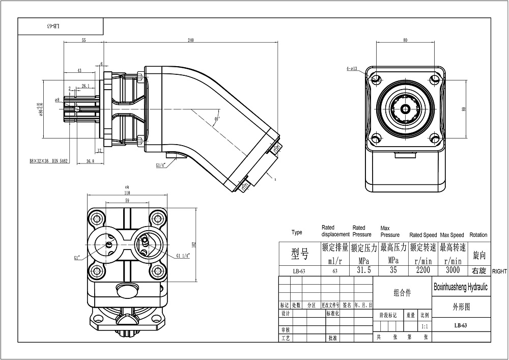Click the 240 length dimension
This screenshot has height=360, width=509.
pos(191,40)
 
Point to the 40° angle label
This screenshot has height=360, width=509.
pos(217,119)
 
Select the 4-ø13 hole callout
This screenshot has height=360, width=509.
pos(352,68)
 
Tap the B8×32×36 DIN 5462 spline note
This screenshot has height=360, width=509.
pos(49,161)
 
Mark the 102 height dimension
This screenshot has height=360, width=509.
pos(193,244)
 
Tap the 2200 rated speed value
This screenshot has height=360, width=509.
pos(423,270)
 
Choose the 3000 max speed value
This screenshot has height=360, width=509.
pos(452,270)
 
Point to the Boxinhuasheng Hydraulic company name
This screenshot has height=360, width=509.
pos(460,287)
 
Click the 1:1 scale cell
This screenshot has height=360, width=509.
pos(425,325)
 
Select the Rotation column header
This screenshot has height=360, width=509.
pos(478,235)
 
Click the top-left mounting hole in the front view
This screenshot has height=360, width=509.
pos(376,80)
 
